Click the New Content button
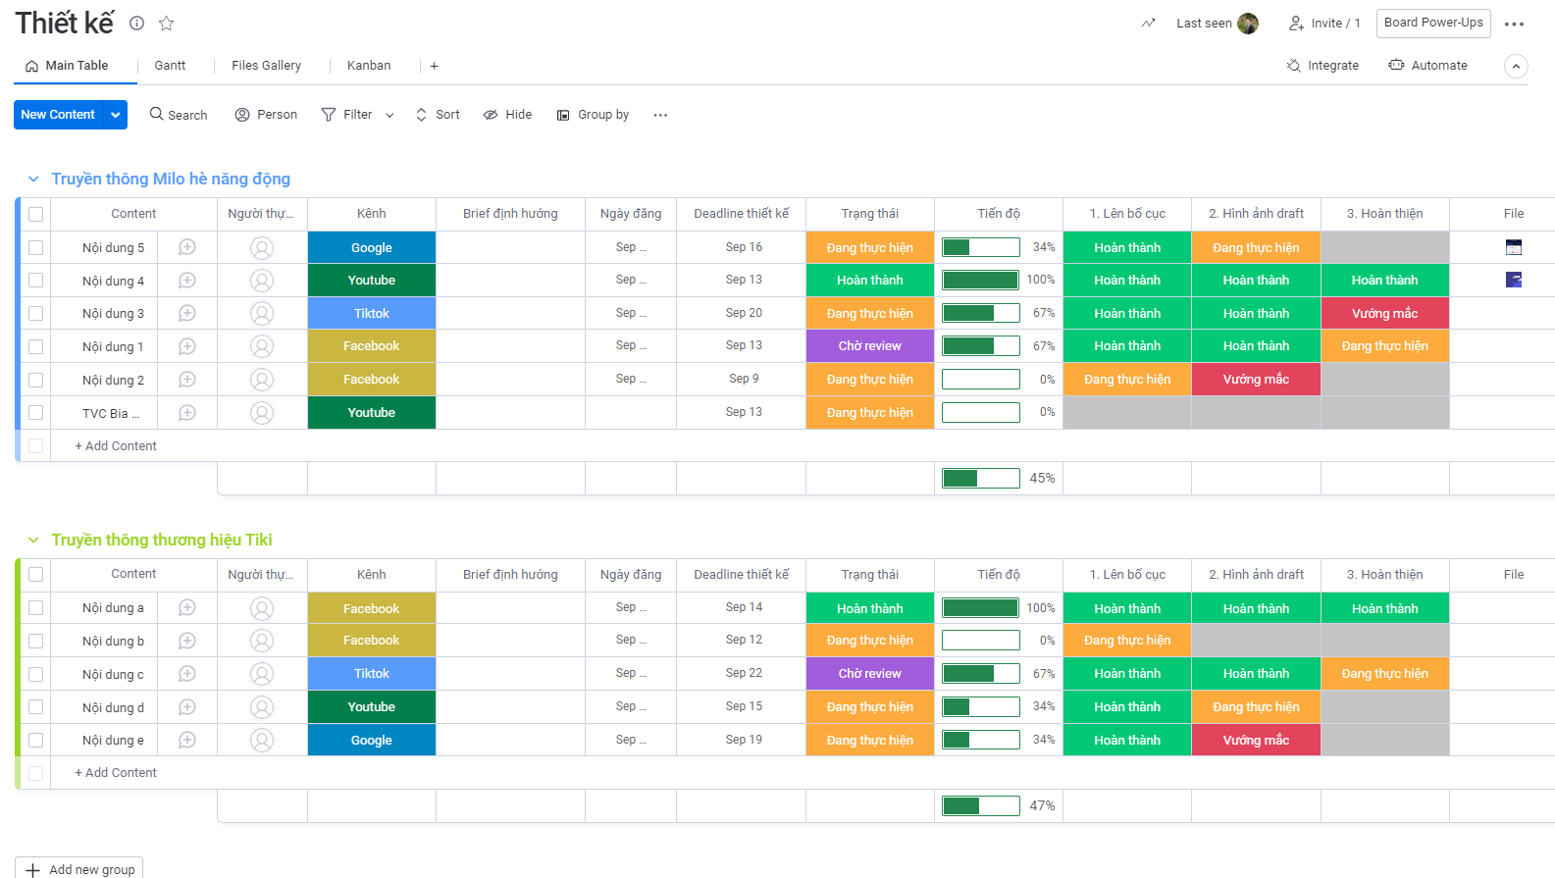[58, 115]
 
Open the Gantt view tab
[170, 66]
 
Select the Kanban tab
[369, 66]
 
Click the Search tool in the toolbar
[179, 115]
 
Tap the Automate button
[1427, 66]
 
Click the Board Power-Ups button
[1432, 23]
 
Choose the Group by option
[593, 115]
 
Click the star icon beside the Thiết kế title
[167, 24]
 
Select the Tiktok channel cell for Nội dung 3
[372, 314]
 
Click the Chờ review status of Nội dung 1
[869, 346]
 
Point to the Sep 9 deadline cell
[743, 379]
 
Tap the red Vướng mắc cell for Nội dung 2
[1256, 380]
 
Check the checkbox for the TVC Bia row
[36, 413]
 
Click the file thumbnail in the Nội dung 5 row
[1513, 247]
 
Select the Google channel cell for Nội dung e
[372, 741]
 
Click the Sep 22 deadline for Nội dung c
[743, 673]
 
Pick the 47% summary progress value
[1042, 805]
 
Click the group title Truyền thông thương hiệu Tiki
[162, 540]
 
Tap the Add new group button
[79, 869]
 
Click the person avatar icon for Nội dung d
[262, 707]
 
